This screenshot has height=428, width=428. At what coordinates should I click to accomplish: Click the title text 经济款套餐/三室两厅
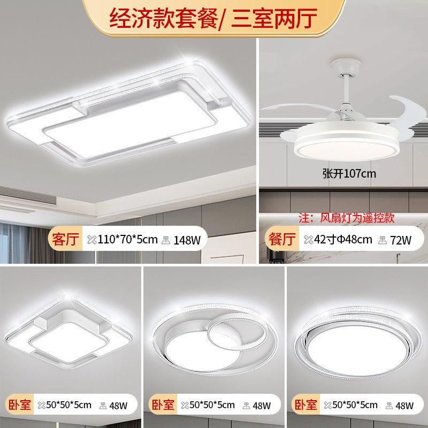click(x=214, y=18)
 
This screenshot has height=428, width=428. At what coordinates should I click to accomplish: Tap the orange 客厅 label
click(x=65, y=239)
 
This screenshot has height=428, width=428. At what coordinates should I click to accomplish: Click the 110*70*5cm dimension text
click(x=127, y=239)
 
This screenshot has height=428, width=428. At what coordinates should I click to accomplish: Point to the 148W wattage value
click(x=187, y=240)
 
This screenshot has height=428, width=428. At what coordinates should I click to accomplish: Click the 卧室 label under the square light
click(x=19, y=405)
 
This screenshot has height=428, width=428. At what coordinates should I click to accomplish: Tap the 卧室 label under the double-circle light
click(x=162, y=405)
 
